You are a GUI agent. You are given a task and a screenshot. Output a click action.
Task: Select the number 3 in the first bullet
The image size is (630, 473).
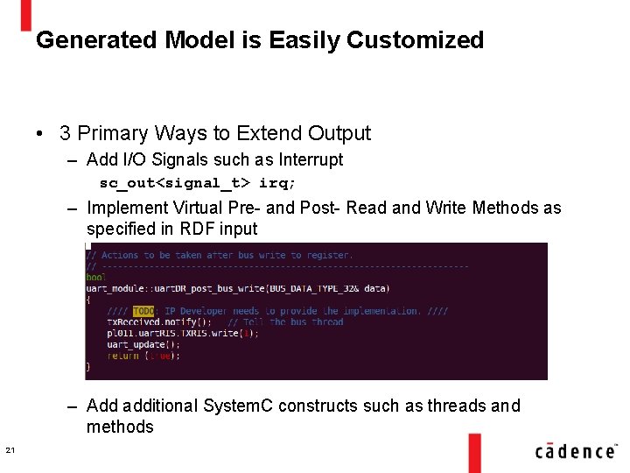point(65,133)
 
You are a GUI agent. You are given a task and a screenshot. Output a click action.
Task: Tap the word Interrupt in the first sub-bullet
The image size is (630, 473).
point(311,159)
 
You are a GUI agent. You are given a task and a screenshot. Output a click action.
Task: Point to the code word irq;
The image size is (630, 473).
point(277,183)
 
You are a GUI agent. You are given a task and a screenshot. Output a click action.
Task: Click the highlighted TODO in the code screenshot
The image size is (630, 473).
point(143,311)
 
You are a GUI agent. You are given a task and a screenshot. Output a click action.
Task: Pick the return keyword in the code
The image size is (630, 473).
point(124,357)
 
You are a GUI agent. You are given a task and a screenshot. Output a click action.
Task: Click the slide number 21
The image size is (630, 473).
point(10,450)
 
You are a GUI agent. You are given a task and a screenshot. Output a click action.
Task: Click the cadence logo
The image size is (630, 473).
point(575,450)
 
